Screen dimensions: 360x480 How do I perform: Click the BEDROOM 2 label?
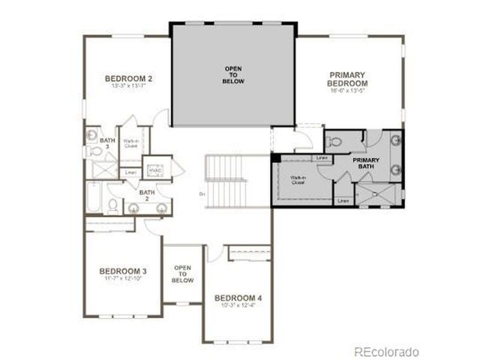[x=129, y=79]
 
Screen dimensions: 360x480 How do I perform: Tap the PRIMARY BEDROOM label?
[x=346, y=79]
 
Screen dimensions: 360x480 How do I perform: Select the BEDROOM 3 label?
[x=124, y=271]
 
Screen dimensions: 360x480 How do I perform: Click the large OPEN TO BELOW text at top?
[x=233, y=75]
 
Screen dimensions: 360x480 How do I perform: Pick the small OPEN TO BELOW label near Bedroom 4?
[x=182, y=274]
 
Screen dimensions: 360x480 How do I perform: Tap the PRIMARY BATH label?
[x=367, y=164]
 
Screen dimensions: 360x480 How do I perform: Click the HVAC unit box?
[x=156, y=170]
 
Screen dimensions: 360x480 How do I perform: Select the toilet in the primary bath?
[x=335, y=141]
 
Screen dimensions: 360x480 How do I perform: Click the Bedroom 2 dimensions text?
[x=128, y=87]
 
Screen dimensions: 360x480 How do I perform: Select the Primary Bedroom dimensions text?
[x=346, y=91]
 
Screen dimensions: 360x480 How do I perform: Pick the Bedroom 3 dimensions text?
[x=123, y=279]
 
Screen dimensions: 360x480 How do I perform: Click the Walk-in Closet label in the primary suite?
[x=298, y=179]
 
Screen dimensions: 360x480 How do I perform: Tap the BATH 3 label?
[x=107, y=143]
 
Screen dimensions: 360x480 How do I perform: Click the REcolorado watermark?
[x=387, y=351]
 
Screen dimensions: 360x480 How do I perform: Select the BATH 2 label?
[x=147, y=196]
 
